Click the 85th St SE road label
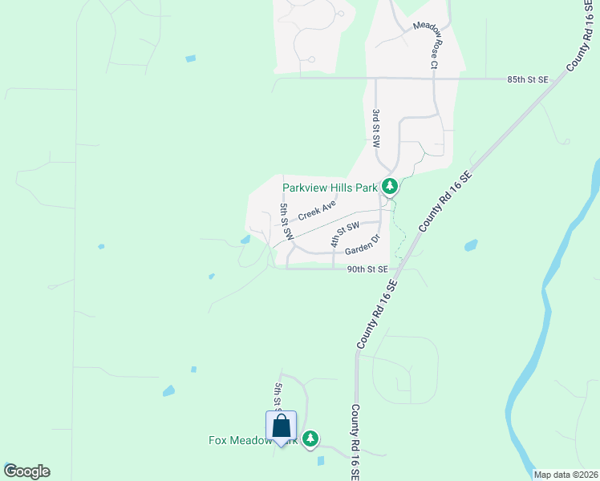pyautogui.click(x=528, y=79)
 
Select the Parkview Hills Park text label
pyautogui.click(x=330, y=188)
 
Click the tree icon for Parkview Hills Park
pyautogui.click(x=390, y=187)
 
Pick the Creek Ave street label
pyautogui.click(x=317, y=211)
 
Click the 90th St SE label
pyautogui.click(x=367, y=269)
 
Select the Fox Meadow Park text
pyautogui.click(x=241, y=440)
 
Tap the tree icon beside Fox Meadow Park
pyautogui.click(x=310, y=439)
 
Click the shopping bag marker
pyautogui.click(x=282, y=426)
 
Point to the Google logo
pyautogui.click(x=26, y=471)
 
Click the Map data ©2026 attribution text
pyautogui.click(x=566, y=475)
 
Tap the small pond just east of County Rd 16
pyautogui.click(x=471, y=245)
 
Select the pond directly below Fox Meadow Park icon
pyautogui.click(x=321, y=461)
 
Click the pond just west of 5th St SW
pyautogui.click(x=245, y=239)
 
